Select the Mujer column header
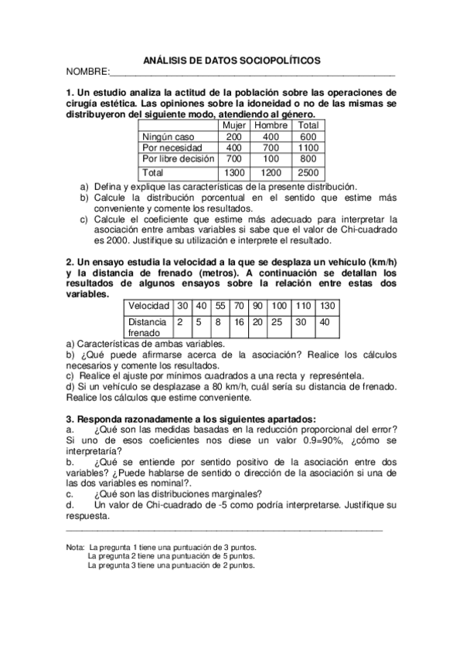click(233, 124)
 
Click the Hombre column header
click(271, 124)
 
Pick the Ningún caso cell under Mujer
click(233, 136)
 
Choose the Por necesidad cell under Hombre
click(271, 147)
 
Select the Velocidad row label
click(148, 305)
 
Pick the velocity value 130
click(327, 305)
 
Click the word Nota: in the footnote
click(76, 547)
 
